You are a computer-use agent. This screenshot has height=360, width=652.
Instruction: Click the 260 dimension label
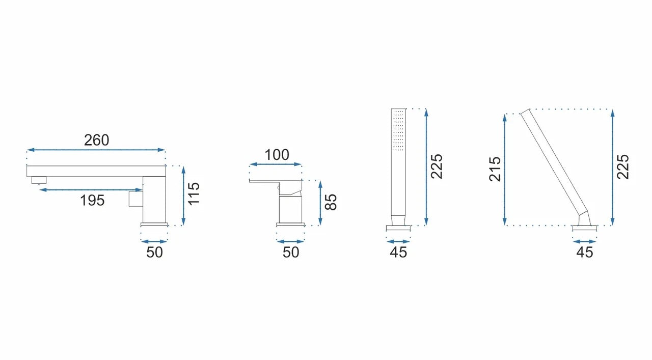point(97,140)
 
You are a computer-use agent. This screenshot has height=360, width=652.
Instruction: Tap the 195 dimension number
point(92,201)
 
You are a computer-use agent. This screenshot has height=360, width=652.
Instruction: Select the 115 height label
point(194,194)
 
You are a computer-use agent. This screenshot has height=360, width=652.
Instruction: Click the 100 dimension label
point(277,155)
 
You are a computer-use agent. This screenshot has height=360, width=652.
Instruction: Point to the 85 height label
point(331,202)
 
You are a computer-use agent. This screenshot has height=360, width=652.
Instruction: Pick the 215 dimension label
point(495,169)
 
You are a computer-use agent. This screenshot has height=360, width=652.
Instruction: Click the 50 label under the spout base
point(154,253)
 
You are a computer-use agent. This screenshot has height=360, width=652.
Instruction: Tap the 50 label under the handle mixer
point(291,253)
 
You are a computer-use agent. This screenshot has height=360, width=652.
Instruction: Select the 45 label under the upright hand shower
point(398,253)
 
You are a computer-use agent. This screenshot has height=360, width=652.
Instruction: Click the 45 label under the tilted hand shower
point(585,253)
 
